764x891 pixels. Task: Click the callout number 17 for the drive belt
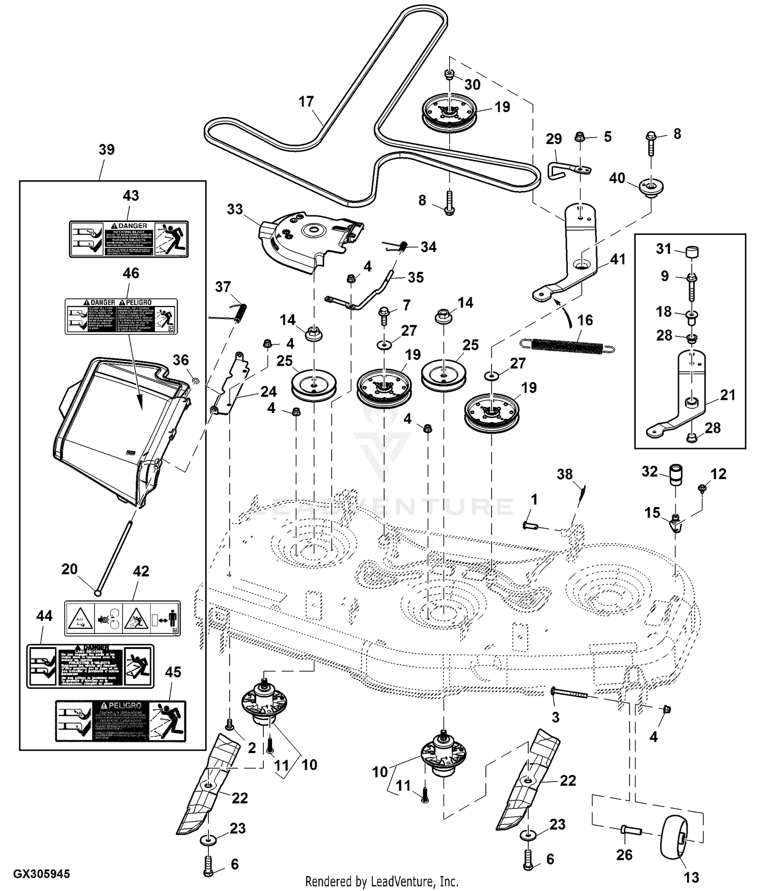(x=306, y=102)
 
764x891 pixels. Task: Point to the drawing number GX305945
(x=42, y=874)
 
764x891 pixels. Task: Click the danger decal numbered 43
(x=129, y=238)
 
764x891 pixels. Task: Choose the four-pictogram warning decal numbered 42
(x=122, y=618)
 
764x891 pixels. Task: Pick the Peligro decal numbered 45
(x=121, y=721)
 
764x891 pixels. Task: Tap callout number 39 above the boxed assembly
(x=106, y=150)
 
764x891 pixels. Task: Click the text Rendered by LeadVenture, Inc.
(x=381, y=881)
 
